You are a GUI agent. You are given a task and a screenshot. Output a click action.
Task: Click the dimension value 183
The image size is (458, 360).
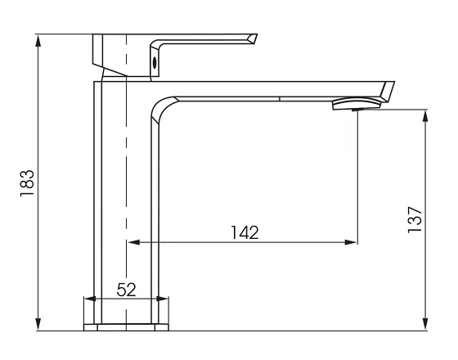click(x=27, y=182)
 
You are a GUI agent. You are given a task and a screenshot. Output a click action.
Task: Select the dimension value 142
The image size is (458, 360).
click(x=244, y=232)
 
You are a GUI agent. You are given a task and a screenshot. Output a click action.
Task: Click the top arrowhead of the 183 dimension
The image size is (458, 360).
click(x=38, y=39)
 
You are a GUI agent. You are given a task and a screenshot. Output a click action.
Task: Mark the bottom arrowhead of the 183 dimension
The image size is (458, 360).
click(x=38, y=326)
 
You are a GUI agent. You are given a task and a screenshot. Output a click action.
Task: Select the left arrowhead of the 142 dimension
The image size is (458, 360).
click(x=131, y=242)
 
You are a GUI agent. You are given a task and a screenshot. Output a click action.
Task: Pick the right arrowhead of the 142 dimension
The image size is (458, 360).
click(x=352, y=242)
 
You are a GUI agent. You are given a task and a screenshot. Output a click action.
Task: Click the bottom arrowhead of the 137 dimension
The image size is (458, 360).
click(x=424, y=326)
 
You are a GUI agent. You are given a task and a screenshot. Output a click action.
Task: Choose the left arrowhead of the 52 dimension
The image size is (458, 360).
click(x=88, y=300)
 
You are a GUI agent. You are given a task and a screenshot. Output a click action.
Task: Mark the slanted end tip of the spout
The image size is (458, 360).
click(x=388, y=91)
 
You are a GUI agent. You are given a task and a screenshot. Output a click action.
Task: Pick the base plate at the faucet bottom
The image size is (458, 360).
click(x=127, y=328)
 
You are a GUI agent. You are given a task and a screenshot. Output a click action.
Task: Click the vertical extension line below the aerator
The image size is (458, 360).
click(x=357, y=180)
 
